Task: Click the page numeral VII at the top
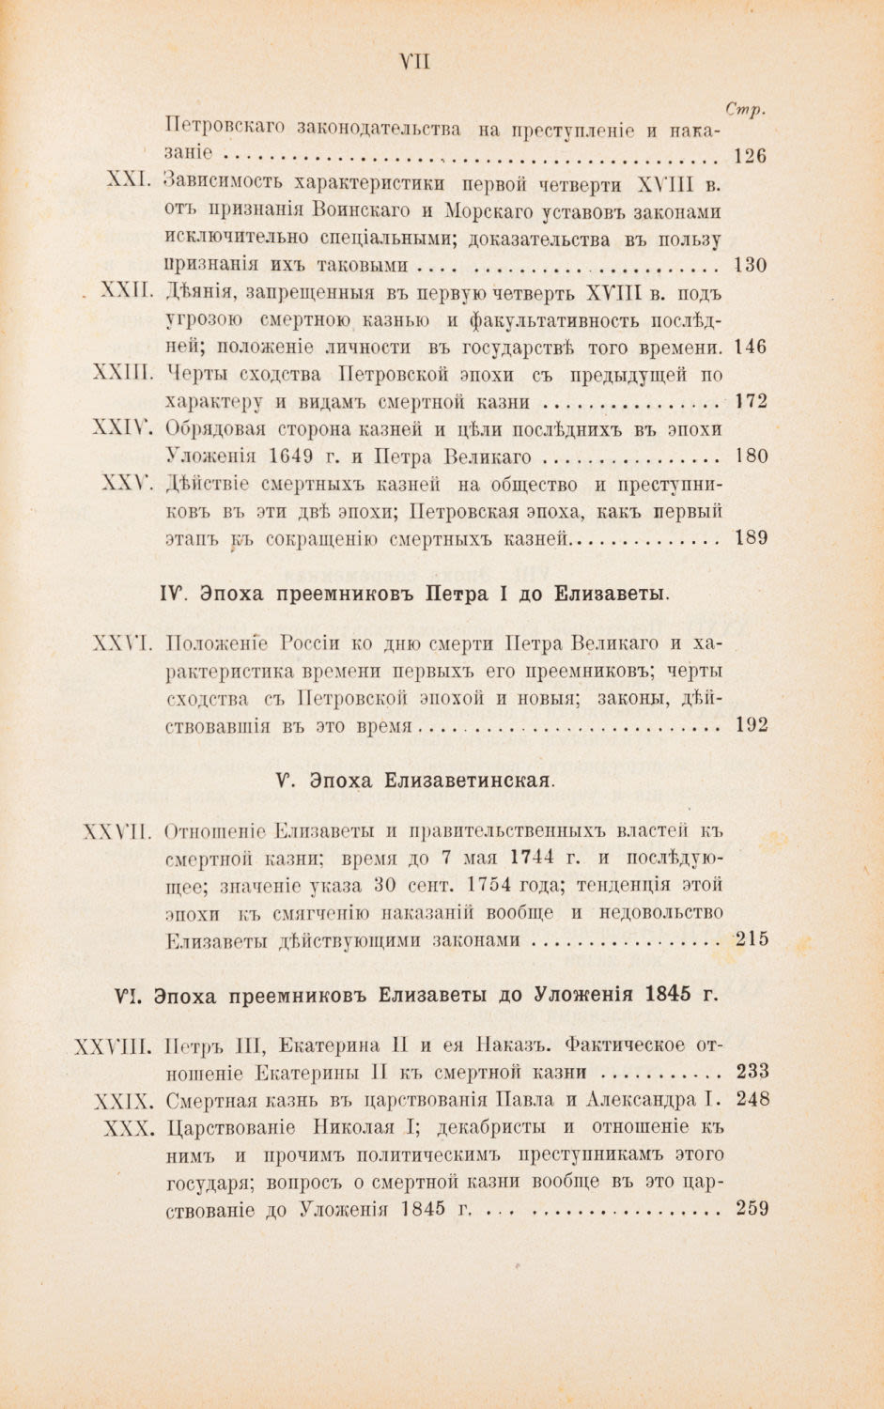click(x=413, y=62)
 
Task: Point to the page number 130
click(x=750, y=265)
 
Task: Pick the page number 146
click(x=750, y=347)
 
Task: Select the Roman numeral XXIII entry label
click(x=123, y=373)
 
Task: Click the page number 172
click(x=751, y=402)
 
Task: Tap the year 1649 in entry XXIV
click(x=290, y=457)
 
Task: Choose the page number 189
click(x=751, y=538)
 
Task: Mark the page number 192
click(x=752, y=724)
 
